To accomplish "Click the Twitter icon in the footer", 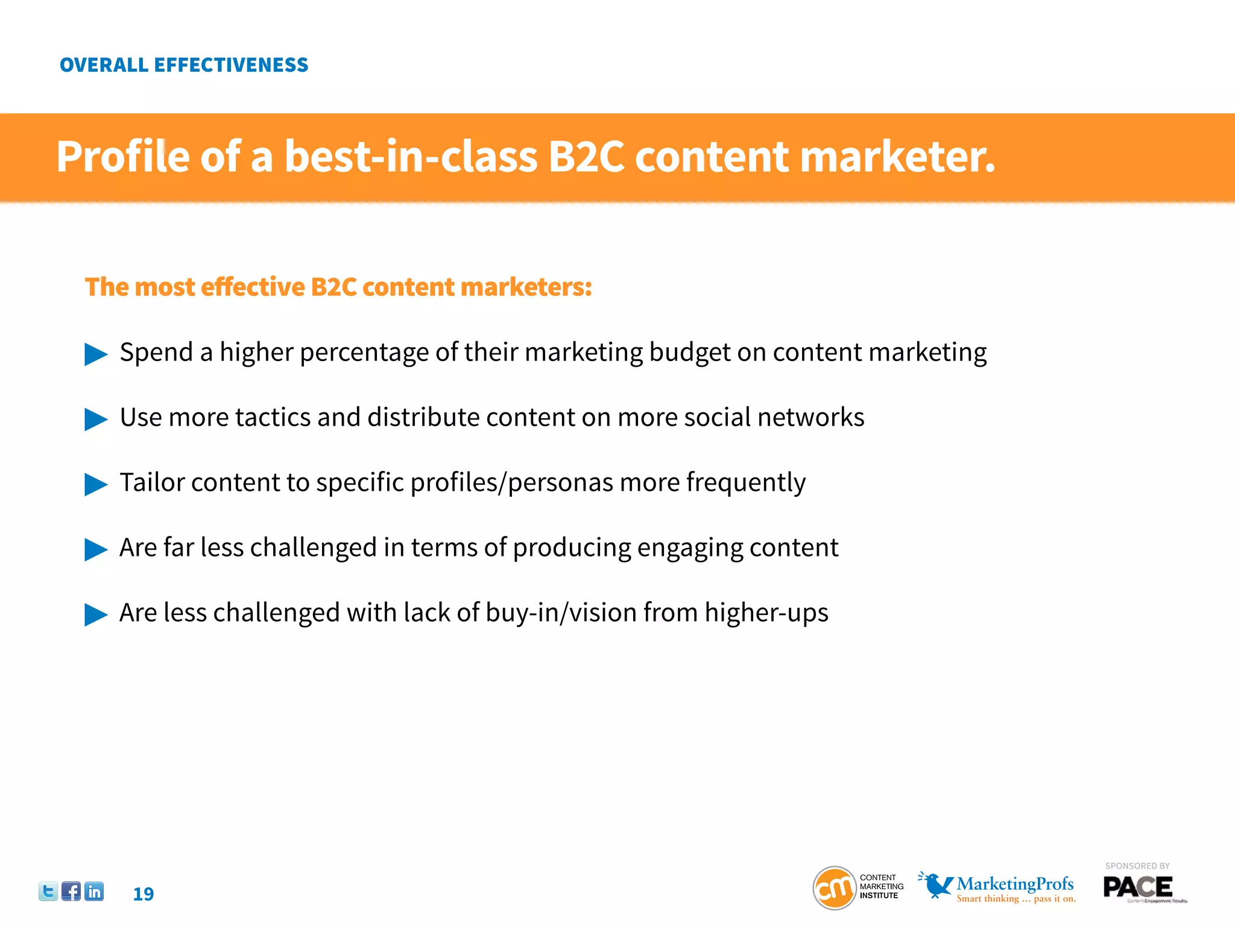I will tap(48, 891).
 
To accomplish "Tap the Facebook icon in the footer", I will tap(71, 891).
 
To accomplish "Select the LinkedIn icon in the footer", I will tap(94, 891).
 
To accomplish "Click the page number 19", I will tap(144, 894).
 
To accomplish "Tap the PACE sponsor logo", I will tap(1138, 887).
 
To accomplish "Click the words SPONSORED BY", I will tap(1137, 866).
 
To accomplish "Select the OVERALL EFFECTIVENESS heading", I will tap(184, 65).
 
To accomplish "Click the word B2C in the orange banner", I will tap(586, 157).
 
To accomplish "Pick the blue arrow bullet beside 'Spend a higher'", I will tap(95, 354).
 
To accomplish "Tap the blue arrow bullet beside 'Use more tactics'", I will tap(95, 419).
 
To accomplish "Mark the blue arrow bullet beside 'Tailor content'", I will tap(95, 484).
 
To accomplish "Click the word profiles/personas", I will tap(511, 483).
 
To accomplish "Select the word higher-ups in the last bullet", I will tap(766, 613).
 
